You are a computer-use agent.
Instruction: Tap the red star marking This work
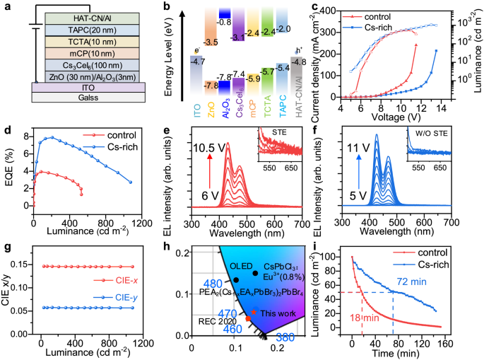(x=254, y=311)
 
